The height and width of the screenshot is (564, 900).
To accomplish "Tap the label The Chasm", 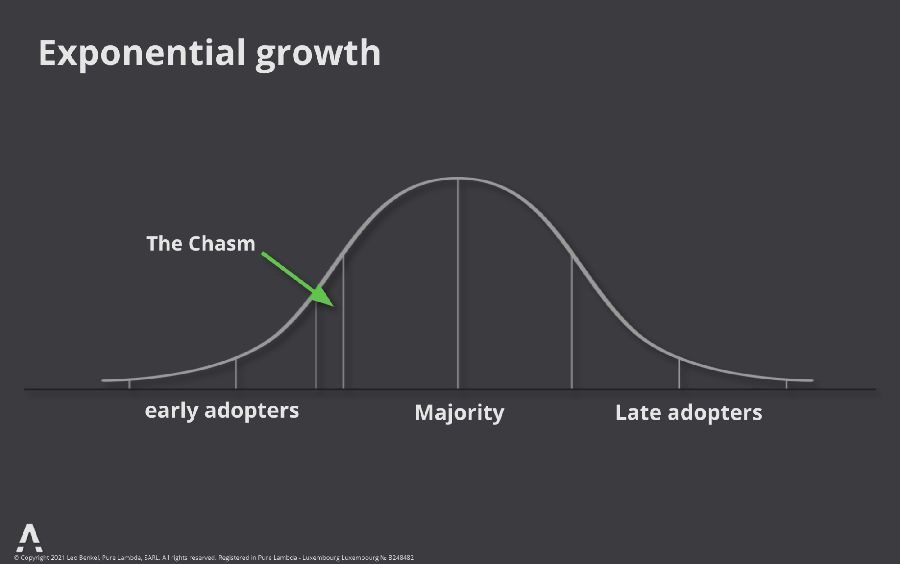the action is (201, 244).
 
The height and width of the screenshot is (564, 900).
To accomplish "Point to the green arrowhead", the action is (324, 296).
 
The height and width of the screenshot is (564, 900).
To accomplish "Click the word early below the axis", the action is (172, 411).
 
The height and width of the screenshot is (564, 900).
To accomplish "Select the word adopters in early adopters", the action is (252, 411).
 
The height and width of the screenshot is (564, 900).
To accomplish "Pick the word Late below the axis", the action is (638, 412).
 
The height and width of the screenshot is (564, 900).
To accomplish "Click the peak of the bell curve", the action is (458, 179).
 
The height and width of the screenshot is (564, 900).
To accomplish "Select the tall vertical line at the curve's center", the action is (458, 284).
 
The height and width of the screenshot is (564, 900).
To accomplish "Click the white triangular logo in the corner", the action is (30, 538).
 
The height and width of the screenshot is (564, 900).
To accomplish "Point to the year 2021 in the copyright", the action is (58, 558).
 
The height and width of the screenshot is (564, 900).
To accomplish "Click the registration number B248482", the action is (401, 558).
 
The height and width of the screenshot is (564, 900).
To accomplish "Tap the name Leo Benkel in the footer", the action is (83, 558).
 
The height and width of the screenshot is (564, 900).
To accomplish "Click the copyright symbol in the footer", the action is (17, 558).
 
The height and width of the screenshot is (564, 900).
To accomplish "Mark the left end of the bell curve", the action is (103, 380).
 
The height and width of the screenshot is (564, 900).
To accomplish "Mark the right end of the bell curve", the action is (812, 380).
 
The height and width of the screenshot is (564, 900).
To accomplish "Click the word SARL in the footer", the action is (152, 558).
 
